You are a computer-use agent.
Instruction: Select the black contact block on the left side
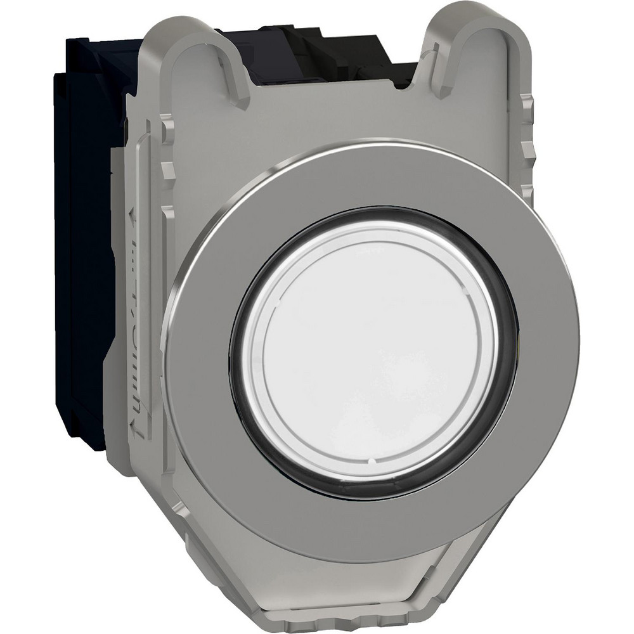coord(82,254)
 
